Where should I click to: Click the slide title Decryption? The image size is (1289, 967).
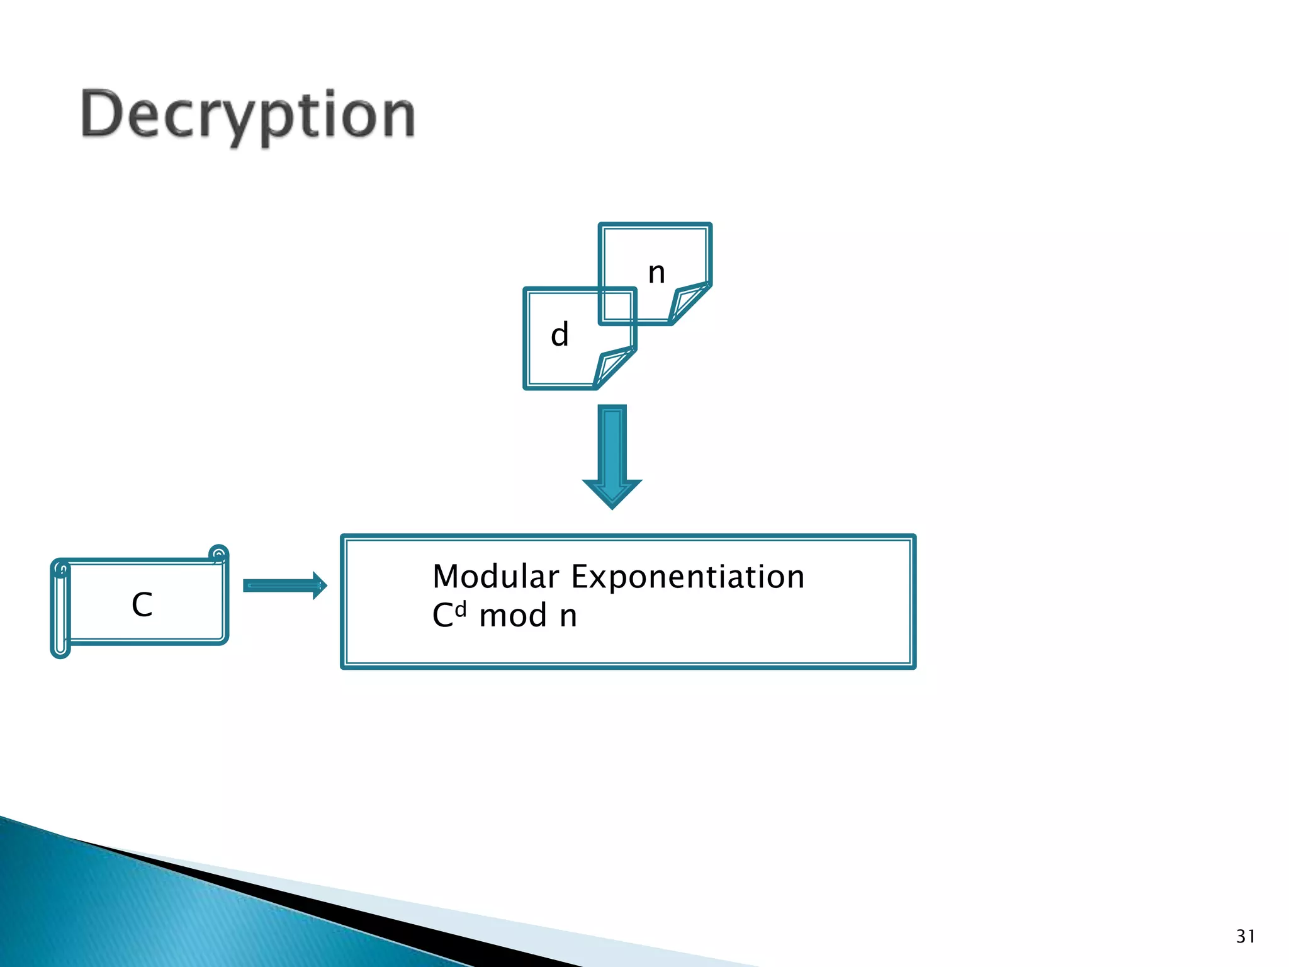(x=248, y=115)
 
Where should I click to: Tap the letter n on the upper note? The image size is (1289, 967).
(x=656, y=273)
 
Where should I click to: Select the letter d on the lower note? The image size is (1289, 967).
(x=560, y=334)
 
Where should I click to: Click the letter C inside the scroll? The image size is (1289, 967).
(x=142, y=605)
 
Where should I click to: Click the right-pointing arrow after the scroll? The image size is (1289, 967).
(x=284, y=586)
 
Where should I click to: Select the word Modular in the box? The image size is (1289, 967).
(x=496, y=577)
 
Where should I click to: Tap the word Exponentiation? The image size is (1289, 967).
(x=688, y=577)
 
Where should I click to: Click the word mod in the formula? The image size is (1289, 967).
(x=513, y=616)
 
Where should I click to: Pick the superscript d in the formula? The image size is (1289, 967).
(x=461, y=609)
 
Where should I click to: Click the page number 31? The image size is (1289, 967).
(x=1245, y=936)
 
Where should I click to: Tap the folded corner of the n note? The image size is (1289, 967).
(x=687, y=303)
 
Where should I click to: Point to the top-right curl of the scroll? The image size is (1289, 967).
(x=218, y=554)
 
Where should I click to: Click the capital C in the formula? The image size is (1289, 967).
(x=442, y=616)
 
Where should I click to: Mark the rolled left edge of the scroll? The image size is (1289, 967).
(x=61, y=608)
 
